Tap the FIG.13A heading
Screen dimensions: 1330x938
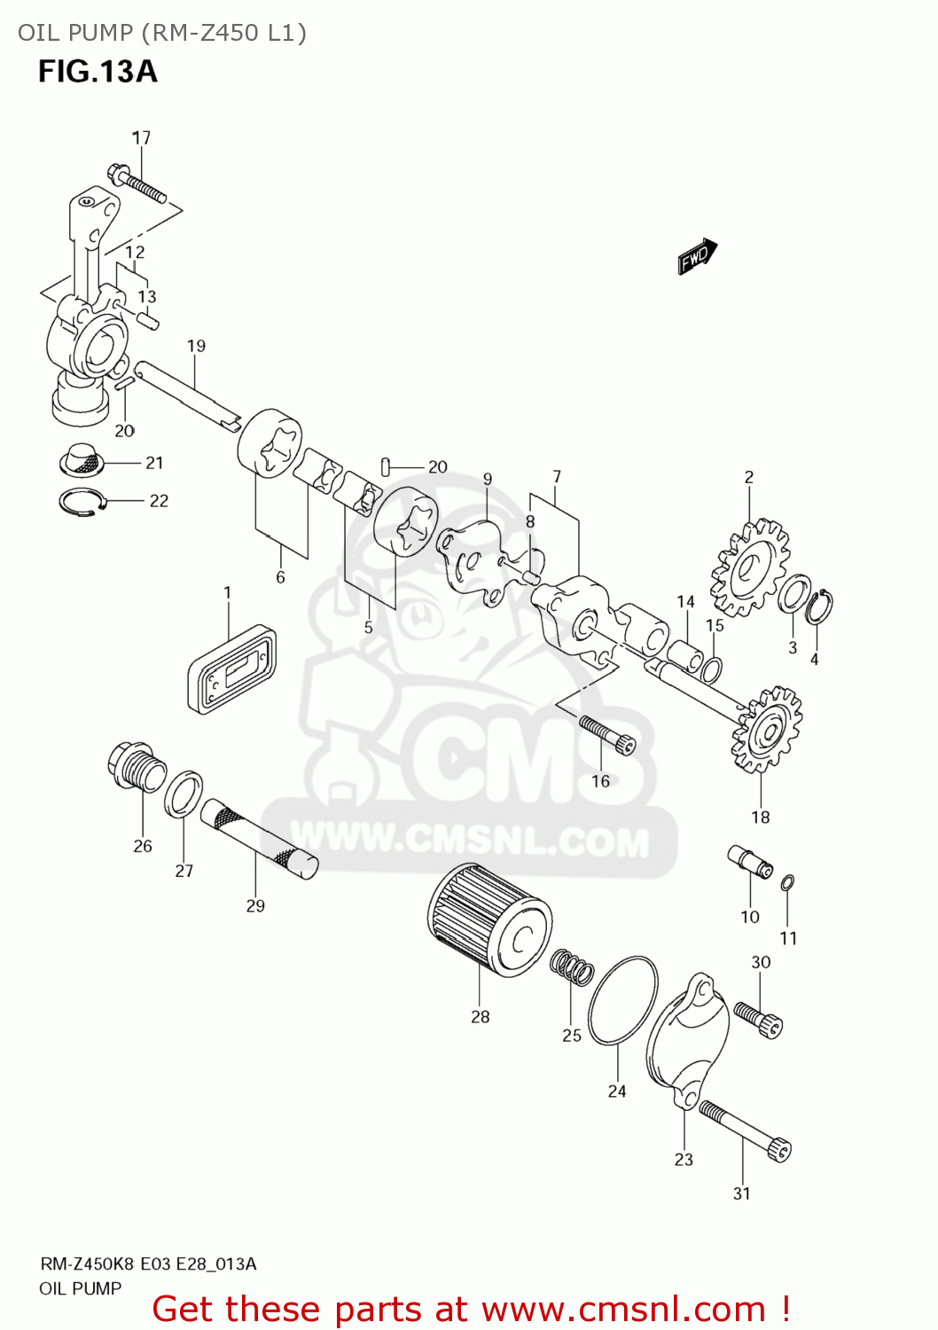tap(98, 72)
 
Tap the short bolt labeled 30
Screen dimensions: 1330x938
tap(759, 1019)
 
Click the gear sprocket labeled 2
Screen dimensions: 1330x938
tap(750, 567)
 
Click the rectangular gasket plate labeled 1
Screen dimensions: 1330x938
tap(231, 669)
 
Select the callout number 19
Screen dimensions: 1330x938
tap(196, 346)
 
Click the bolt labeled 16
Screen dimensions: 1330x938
tap(607, 735)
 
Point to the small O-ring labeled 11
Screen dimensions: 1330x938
tap(787, 882)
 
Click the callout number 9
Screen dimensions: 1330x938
tap(488, 479)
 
